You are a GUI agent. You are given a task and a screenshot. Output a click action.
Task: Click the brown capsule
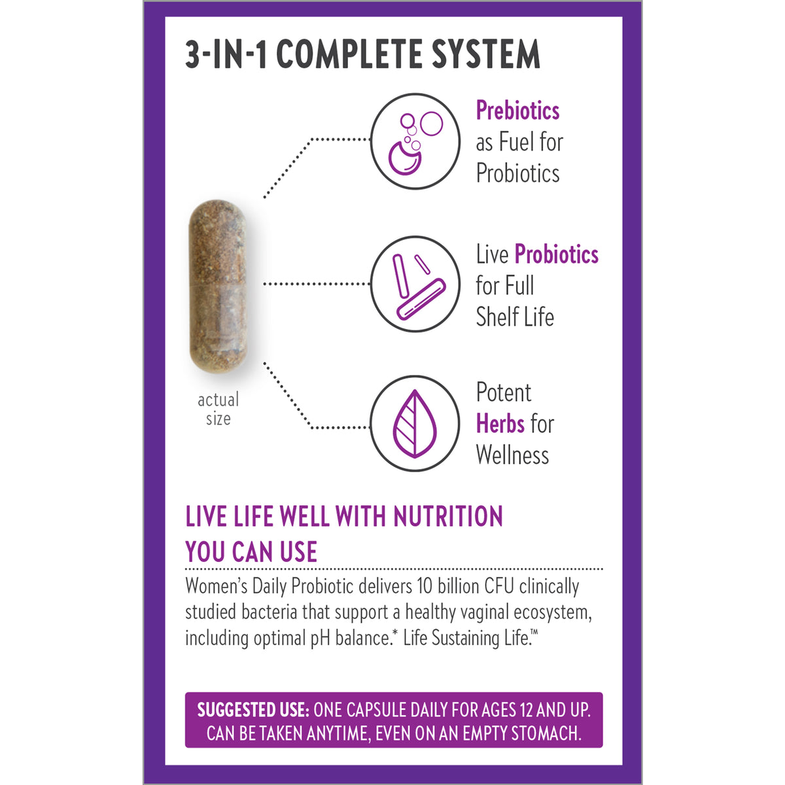point(218,287)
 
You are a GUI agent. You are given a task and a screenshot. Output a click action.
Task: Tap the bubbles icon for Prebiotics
point(415,141)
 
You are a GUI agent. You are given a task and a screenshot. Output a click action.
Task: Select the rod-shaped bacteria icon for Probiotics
point(415,284)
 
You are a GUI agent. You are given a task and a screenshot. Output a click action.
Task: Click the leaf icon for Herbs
point(415,424)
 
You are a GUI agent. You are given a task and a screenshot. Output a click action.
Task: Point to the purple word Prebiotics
point(517,111)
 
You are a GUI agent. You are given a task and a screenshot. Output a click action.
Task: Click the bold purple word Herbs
point(500,424)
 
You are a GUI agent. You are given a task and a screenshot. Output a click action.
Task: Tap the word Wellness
point(512,455)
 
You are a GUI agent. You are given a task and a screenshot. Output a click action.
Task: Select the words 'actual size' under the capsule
point(218,409)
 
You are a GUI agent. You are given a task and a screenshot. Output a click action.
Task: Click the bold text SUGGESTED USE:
point(253,710)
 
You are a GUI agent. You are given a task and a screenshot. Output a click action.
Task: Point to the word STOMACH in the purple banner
point(546,734)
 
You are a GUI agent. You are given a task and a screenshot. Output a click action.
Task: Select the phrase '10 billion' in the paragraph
point(448,586)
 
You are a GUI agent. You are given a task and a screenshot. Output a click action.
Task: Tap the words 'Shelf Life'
point(515,317)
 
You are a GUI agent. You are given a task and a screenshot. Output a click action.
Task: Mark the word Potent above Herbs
point(504,392)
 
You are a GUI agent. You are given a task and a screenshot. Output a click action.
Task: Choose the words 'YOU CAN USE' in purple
point(251,552)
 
